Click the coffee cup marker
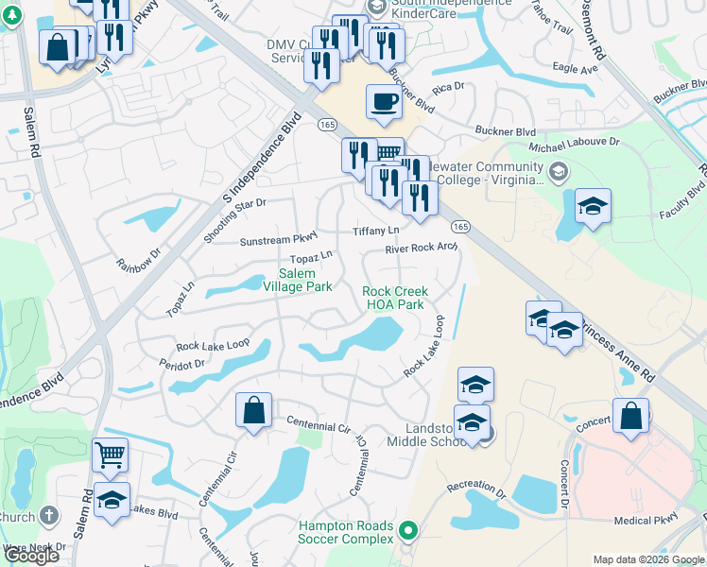tap(383, 101)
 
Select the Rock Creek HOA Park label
tap(394, 298)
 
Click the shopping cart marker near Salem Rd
tap(110, 455)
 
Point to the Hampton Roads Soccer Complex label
tap(345, 532)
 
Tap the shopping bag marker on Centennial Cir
tap(253, 410)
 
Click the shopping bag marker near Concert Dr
tap(630, 416)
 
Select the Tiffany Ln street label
tap(376, 231)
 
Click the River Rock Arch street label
tap(421, 249)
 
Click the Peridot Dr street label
tap(182, 364)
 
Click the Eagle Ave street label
tap(576, 69)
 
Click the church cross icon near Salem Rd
tap(49, 517)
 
